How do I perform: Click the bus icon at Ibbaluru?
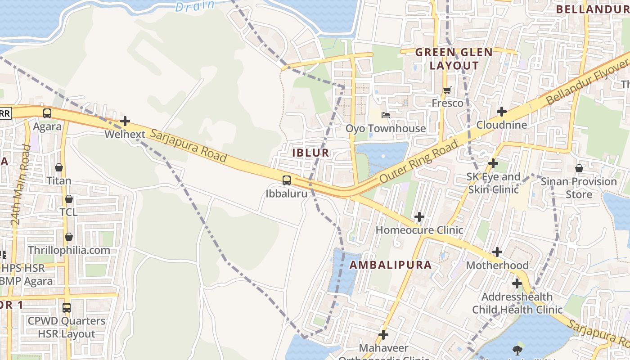[286, 180]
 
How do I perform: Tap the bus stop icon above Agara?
[47, 113]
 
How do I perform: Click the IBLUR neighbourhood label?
[311, 153]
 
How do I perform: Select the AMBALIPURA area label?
[391, 265]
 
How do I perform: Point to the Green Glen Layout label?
[454, 59]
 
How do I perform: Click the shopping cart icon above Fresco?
[447, 90]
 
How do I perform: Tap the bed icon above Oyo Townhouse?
[386, 115]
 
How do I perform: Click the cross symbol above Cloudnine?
[502, 112]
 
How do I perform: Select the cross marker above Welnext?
[125, 121]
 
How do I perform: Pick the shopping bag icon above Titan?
[59, 168]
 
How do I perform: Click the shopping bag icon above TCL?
[69, 199]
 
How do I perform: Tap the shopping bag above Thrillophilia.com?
[69, 237]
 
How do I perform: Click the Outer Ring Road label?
[418, 161]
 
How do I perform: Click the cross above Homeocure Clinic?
[419, 217]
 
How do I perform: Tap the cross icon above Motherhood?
[497, 252]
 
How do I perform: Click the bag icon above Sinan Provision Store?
[579, 168]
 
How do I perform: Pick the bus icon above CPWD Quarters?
[67, 308]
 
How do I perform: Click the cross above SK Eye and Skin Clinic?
[494, 163]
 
